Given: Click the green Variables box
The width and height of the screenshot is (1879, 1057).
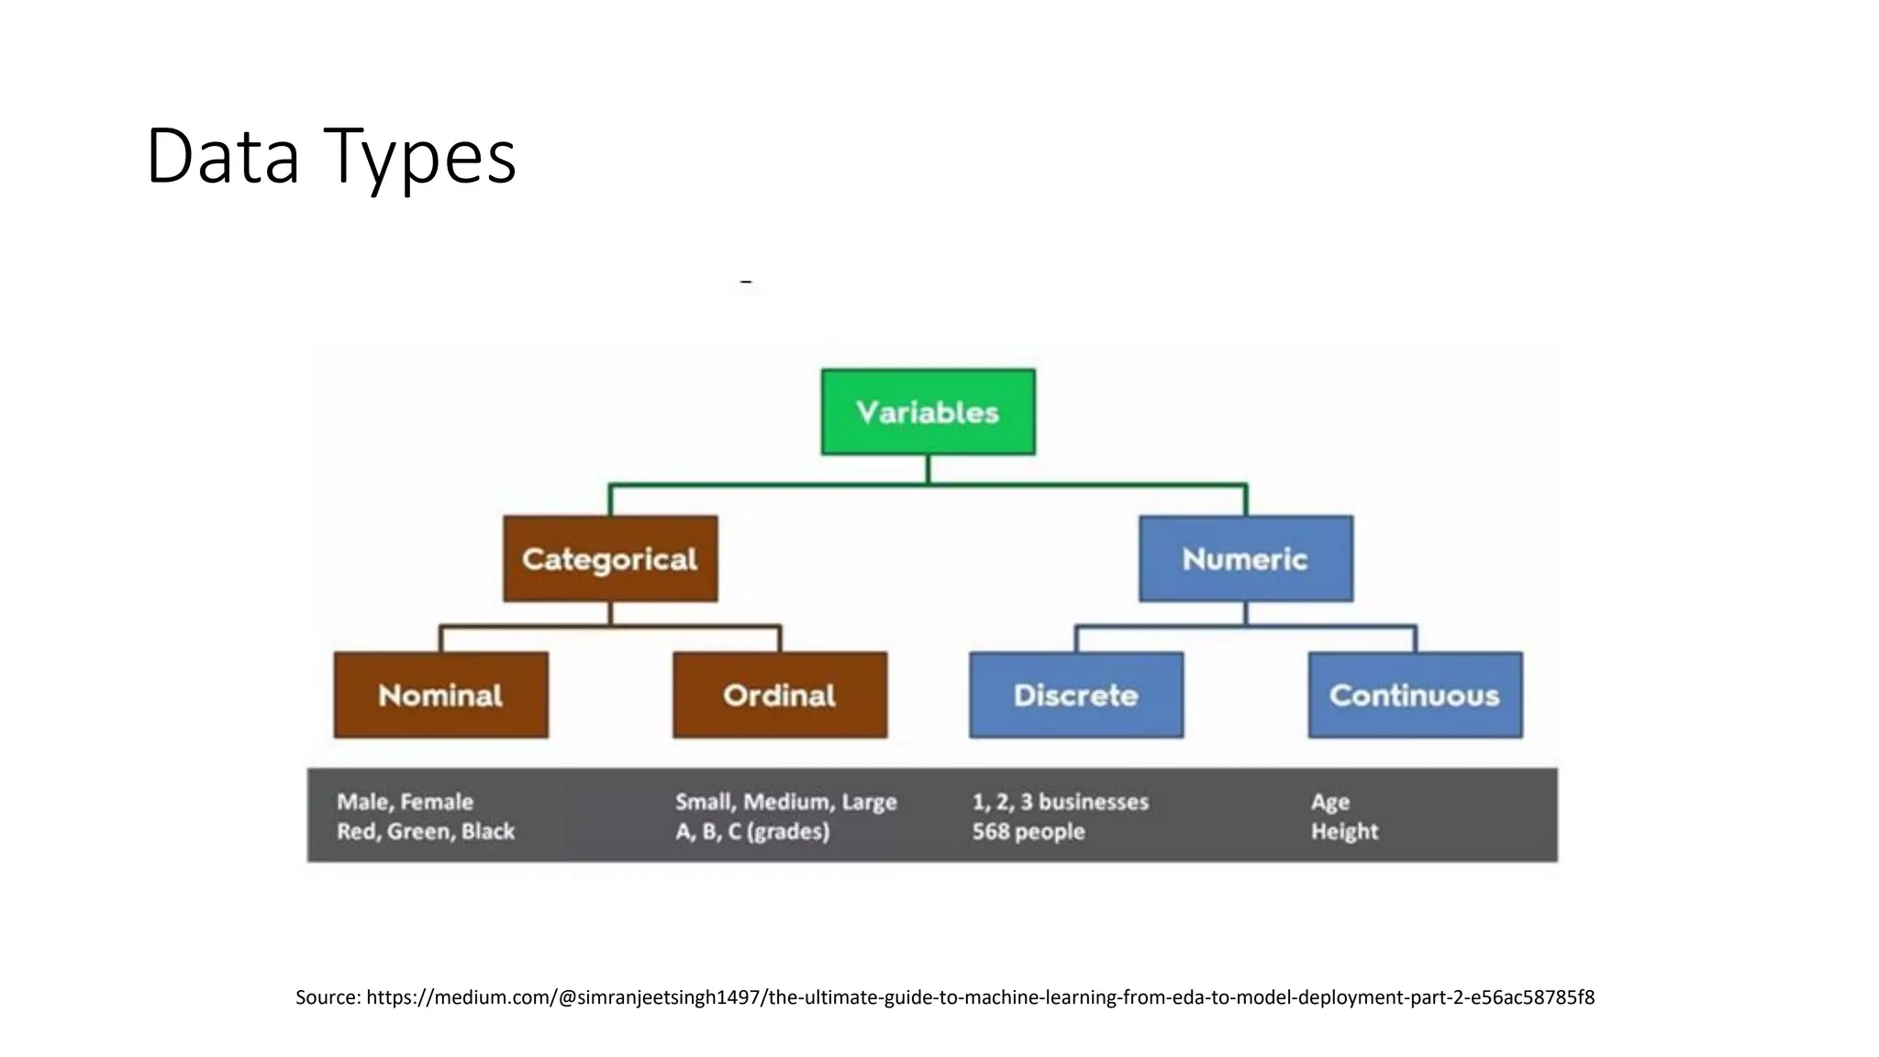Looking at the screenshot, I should click(x=928, y=412).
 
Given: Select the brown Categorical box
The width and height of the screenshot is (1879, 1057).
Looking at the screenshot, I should click(x=610, y=559).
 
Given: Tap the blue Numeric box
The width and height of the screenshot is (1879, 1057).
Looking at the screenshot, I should click(x=1245, y=559).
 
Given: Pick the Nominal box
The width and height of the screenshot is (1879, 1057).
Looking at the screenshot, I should click(x=440, y=695).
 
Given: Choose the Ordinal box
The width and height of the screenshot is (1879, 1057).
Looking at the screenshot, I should click(x=779, y=695).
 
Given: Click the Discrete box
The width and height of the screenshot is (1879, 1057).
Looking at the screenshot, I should click(x=1075, y=695).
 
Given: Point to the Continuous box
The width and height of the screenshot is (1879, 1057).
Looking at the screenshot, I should click(x=1414, y=695).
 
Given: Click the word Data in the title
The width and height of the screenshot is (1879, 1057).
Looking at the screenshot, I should click(x=223, y=156).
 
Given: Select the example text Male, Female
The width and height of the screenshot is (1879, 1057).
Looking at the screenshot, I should click(x=405, y=802).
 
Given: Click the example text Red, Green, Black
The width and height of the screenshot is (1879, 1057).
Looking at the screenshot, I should click(x=425, y=831).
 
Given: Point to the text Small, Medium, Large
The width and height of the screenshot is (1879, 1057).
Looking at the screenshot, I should click(x=785, y=802).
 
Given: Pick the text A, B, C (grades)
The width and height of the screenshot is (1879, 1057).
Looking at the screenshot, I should click(x=751, y=831).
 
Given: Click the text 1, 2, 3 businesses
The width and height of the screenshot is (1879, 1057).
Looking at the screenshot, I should click(x=1060, y=802).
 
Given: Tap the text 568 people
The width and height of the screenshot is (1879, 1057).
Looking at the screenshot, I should click(x=1028, y=831).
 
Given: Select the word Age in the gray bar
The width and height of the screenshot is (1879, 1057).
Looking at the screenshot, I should click(x=1329, y=802).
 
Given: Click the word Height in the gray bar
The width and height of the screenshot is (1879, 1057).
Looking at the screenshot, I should click(x=1344, y=831).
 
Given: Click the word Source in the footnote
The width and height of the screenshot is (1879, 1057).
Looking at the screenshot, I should click(x=327, y=997).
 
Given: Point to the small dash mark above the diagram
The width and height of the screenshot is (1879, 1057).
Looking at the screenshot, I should click(x=746, y=282).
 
